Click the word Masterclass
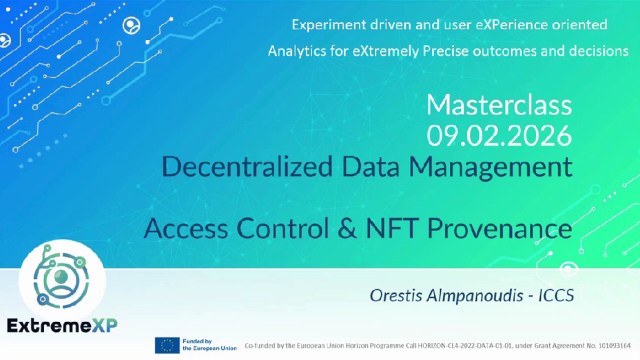(499, 105)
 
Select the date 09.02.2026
(499, 135)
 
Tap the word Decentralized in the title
(247, 166)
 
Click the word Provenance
(500, 229)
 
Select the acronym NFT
(393, 229)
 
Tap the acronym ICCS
(556, 295)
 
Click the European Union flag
(167, 345)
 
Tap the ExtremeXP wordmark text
(62, 325)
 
